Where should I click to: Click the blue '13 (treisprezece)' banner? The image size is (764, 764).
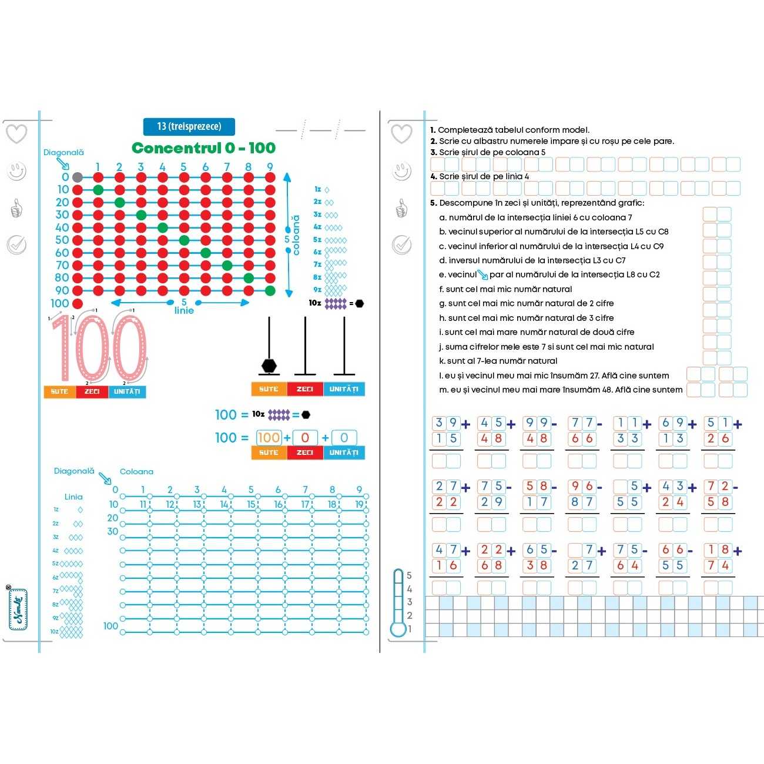click(189, 126)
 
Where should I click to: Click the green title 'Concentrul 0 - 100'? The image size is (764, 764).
click(203, 148)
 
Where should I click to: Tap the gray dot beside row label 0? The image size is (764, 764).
click(77, 177)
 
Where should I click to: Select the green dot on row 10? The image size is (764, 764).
click(98, 189)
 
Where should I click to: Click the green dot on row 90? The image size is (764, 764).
click(270, 290)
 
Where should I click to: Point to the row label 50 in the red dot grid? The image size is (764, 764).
click(62, 240)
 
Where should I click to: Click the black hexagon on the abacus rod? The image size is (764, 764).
click(269, 366)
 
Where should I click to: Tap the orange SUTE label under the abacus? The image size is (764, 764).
click(269, 389)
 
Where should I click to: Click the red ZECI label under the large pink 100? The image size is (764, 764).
click(92, 392)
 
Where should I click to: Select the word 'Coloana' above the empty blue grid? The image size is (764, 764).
click(136, 471)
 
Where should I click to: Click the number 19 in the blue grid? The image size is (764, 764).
click(359, 504)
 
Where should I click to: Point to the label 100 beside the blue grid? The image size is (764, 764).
click(110, 626)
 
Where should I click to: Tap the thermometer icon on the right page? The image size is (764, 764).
click(399, 602)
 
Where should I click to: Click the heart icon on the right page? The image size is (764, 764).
click(401, 133)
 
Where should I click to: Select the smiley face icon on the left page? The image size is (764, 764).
click(17, 172)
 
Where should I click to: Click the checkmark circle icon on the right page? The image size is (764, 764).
click(401, 244)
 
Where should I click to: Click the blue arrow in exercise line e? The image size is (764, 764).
click(482, 274)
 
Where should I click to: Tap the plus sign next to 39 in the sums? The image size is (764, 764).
click(466, 424)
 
